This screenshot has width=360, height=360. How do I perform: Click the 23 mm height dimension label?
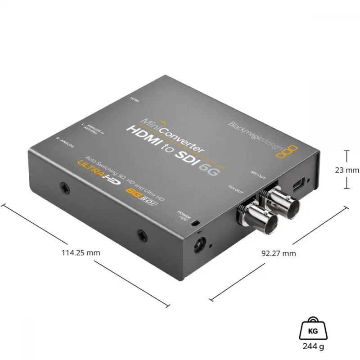[x=347, y=170]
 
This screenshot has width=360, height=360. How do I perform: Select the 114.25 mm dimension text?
[x=81, y=252]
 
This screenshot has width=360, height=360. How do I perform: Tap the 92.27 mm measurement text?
[x=279, y=253]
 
